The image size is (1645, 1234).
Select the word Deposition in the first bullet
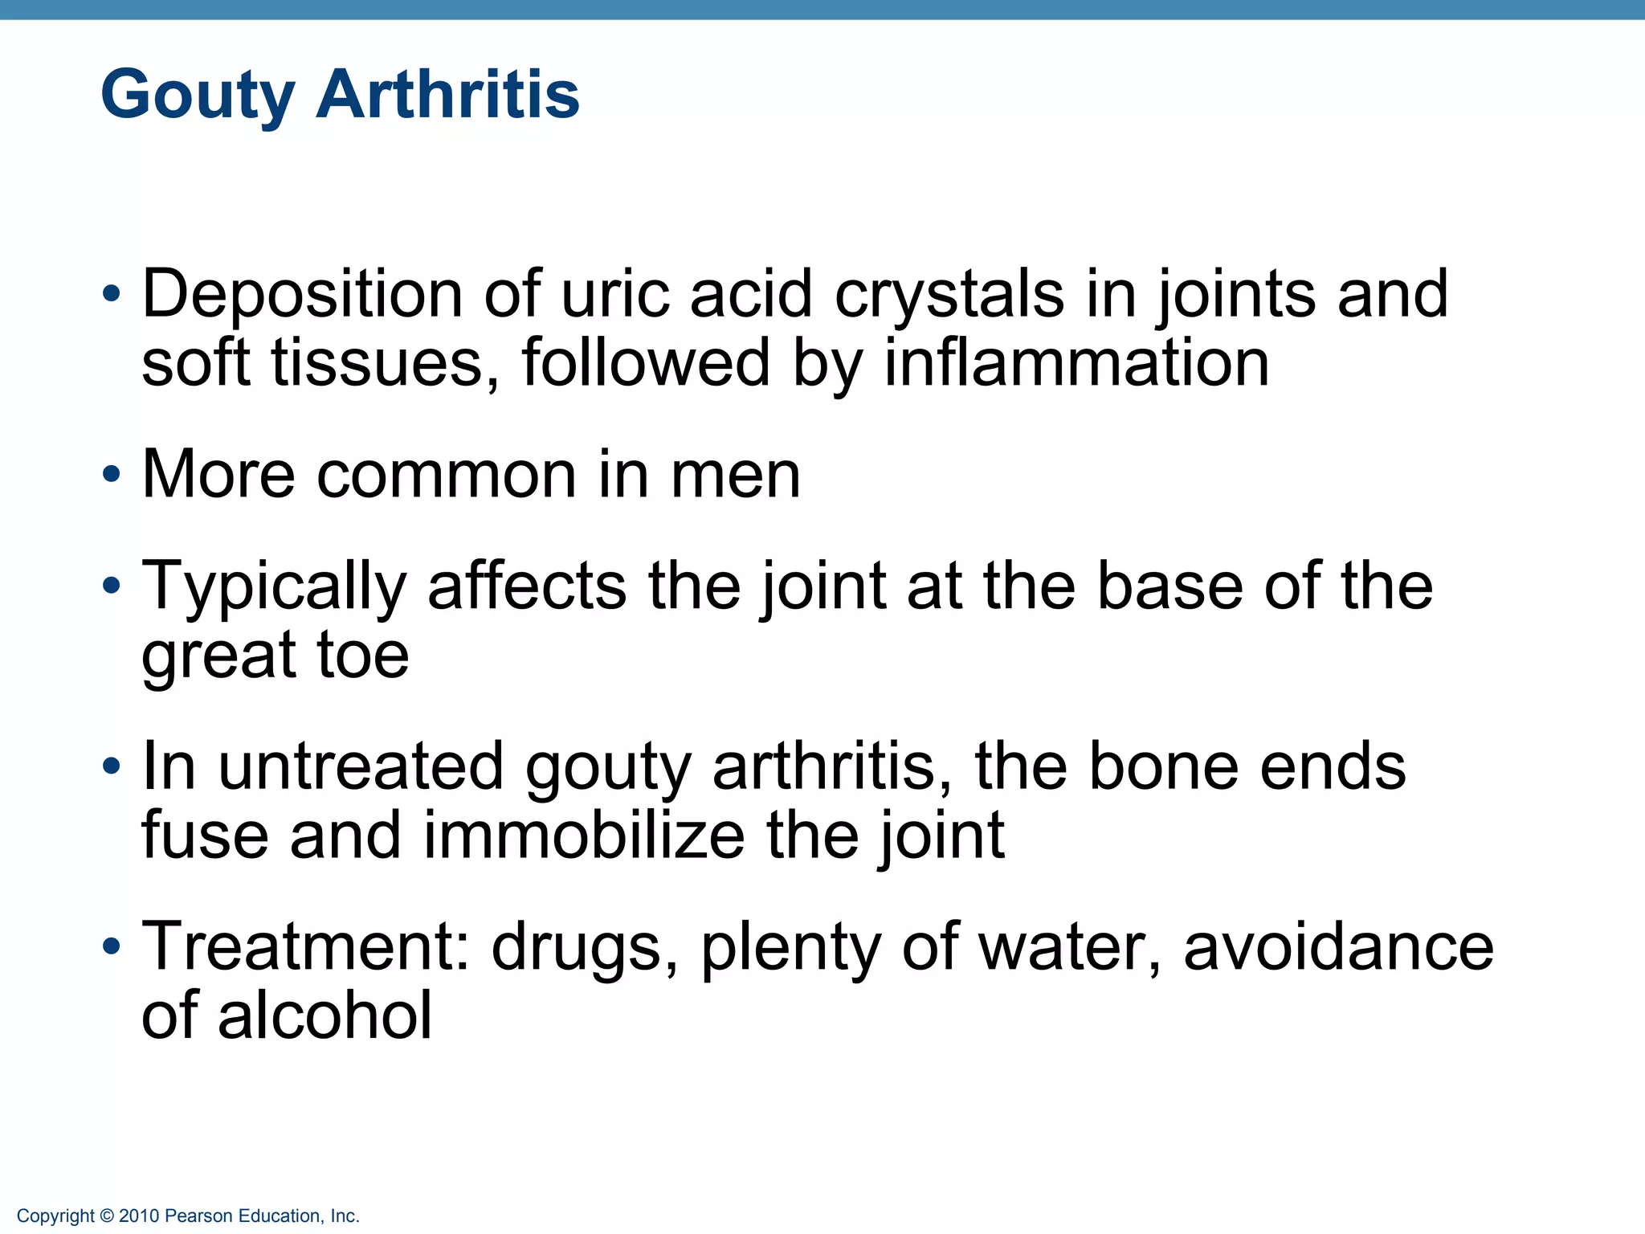(302, 296)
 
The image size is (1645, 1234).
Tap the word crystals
(949, 296)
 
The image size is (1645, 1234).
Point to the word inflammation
(1076, 363)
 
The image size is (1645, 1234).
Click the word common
(447, 475)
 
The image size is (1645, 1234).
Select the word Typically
(274, 587)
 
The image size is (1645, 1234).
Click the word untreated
(361, 766)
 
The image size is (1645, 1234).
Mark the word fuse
(205, 836)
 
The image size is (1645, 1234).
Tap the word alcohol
(325, 1015)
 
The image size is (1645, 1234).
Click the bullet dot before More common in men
(112, 474)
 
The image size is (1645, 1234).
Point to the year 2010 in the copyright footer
(139, 1216)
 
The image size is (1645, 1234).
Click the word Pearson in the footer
(198, 1216)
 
